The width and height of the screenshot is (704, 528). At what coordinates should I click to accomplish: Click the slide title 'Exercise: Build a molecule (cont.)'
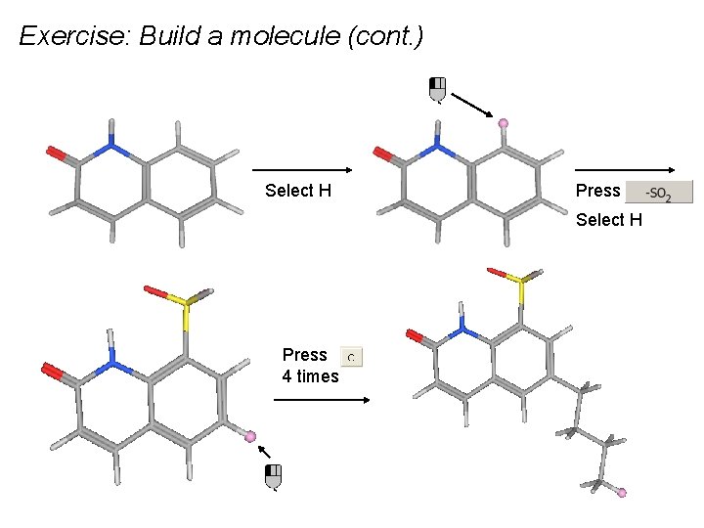(x=221, y=37)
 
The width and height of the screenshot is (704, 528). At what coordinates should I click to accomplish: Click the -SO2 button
(x=658, y=192)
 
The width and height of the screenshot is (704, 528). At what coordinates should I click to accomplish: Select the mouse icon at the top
(x=438, y=88)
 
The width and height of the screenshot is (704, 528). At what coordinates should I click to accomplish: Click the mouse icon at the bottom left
(x=274, y=476)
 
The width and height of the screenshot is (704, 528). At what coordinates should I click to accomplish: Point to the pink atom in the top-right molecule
(x=504, y=123)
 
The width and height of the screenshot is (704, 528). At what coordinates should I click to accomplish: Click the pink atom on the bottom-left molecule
(x=250, y=436)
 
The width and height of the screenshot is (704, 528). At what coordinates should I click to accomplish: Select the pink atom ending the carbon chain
(x=621, y=493)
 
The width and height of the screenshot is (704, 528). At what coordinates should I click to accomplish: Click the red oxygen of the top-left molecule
(x=56, y=153)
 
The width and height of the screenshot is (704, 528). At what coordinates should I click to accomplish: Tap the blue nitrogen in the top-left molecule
(x=112, y=149)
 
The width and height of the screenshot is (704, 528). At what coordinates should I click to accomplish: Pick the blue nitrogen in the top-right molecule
(x=439, y=149)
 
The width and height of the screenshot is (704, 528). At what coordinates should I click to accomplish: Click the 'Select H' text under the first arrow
(x=298, y=191)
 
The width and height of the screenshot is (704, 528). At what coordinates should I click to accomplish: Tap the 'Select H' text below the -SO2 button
(x=609, y=219)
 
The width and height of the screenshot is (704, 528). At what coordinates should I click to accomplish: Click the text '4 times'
(x=311, y=376)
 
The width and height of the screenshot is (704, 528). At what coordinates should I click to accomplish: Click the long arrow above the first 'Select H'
(x=302, y=169)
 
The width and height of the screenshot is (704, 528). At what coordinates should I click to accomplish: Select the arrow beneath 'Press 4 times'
(x=322, y=399)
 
